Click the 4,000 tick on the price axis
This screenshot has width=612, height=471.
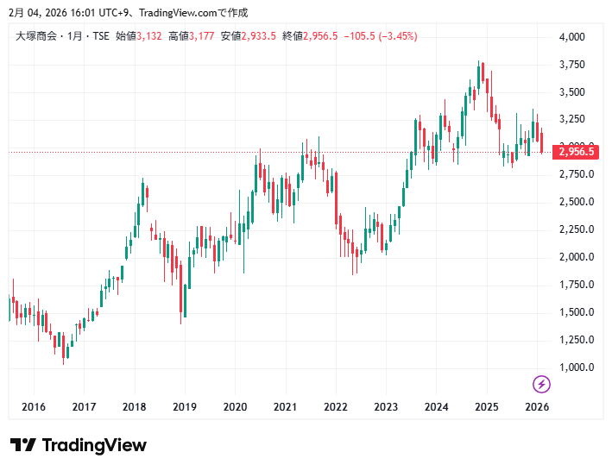tap(573, 37)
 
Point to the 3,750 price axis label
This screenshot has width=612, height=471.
tap(573, 65)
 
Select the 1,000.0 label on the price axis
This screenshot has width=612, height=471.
tap(573, 367)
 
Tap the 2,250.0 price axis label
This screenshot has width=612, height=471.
tap(573, 229)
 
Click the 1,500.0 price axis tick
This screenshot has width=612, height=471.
tap(573, 312)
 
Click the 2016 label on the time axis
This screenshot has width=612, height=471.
tap(34, 407)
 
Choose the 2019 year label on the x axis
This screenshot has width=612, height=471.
tap(185, 407)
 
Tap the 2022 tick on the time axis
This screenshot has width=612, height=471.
tap(336, 407)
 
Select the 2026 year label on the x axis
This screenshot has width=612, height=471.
tap(537, 407)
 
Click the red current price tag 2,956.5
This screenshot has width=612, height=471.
tap(576, 152)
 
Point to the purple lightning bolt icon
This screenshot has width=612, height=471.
tap(541, 384)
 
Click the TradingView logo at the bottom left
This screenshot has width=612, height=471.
tap(79, 445)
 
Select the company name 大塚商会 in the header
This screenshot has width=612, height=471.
tap(36, 36)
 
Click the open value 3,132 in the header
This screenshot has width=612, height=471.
tap(150, 36)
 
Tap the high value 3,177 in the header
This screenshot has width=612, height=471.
tap(202, 36)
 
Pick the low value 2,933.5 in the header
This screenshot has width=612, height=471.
tap(259, 36)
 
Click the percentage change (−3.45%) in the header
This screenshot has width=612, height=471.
tap(393, 36)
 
